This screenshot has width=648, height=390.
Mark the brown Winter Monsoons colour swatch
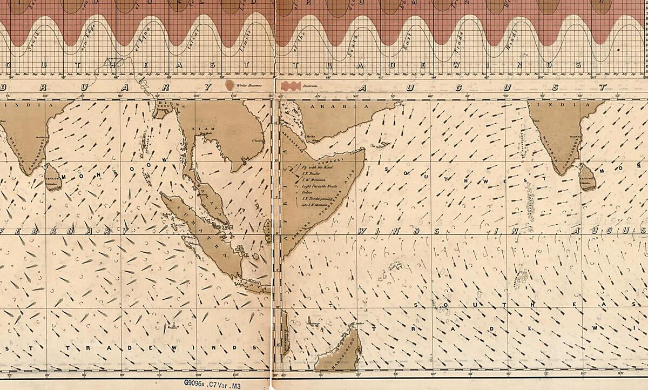pos(230,85)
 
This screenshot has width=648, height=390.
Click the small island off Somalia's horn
pos(383,145)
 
